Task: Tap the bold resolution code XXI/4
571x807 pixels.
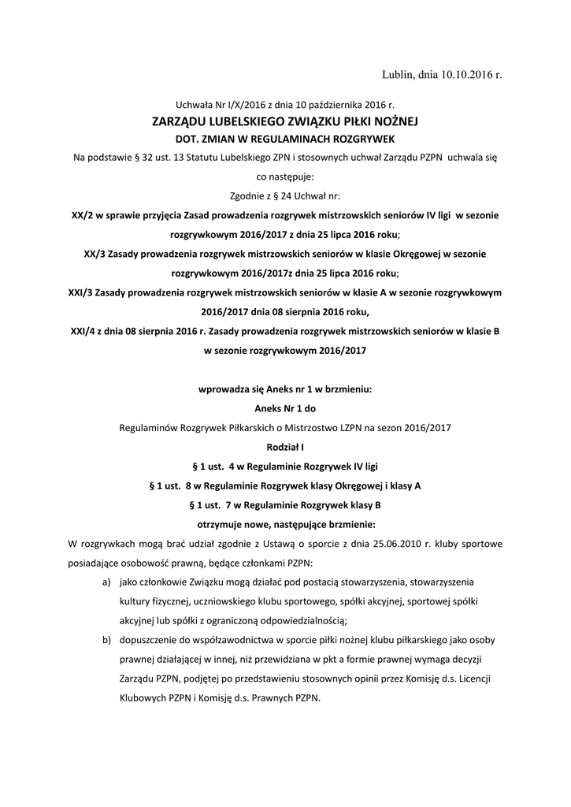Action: [x=83, y=332]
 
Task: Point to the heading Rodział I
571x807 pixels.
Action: [x=285, y=447]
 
